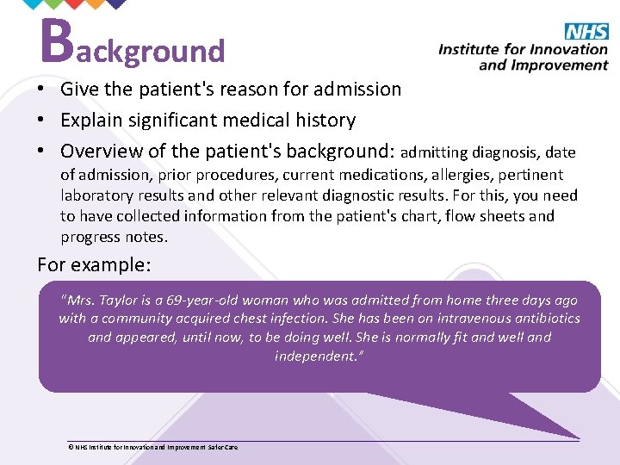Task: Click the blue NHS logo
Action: pyautogui.click(x=586, y=32)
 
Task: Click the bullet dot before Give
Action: pyautogui.click(x=42, y=90)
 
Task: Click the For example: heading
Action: pyautogui.click(x=94, y=264)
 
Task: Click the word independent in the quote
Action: pyautogui.click(x=315, y=356)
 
